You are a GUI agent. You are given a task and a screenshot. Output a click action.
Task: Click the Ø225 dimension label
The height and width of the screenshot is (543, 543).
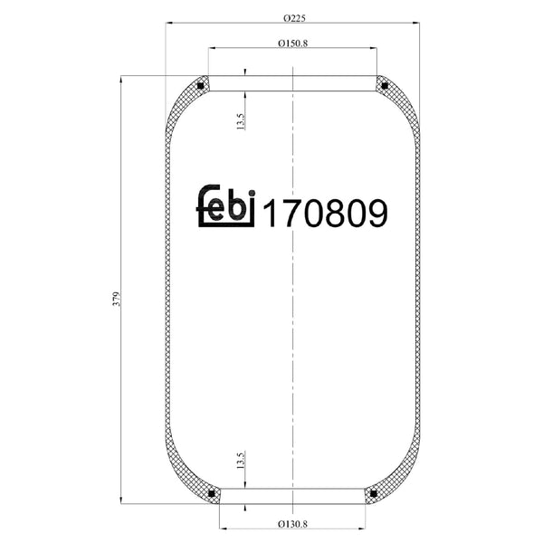pyautogui.click(x=294, y=18)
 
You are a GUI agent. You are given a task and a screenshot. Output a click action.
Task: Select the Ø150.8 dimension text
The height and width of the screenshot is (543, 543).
pyautogui.click(x=292, y=43)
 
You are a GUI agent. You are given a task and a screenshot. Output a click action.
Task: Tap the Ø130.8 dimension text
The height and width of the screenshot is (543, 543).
pyautogui.click(x=292, y=524)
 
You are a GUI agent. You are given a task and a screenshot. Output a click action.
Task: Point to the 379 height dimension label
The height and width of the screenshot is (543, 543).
pyautogui.click(x=117, y=299)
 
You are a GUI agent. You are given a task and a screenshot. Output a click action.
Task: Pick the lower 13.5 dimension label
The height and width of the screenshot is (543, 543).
pyautogui.click(x=241, y=460)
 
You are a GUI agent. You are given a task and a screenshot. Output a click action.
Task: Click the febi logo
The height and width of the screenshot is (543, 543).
pyautogui.click(x=226, y=205)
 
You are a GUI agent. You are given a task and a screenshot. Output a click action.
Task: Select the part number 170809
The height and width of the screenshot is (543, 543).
pyautogui.click(x=326, y=214)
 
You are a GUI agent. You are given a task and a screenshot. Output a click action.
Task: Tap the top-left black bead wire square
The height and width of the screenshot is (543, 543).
pyautogui.click(x=200, y=86)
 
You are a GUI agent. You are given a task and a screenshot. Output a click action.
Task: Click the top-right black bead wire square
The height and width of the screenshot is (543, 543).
pyautogui.click(x=385, y=86)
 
